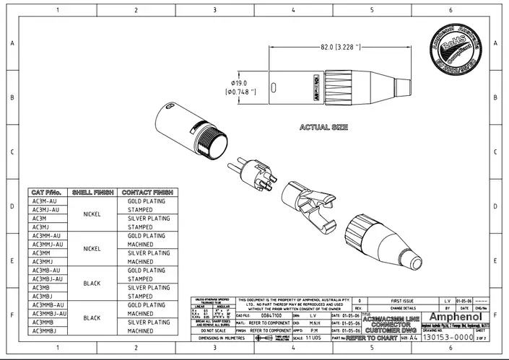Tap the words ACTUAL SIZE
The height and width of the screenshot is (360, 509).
[x=323, y=127]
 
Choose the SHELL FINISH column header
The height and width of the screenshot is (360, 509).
[x=92, y=193]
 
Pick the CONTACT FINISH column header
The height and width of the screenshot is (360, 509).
[x=146, y=193]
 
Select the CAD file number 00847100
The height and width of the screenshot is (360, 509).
[x=271, y=315]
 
